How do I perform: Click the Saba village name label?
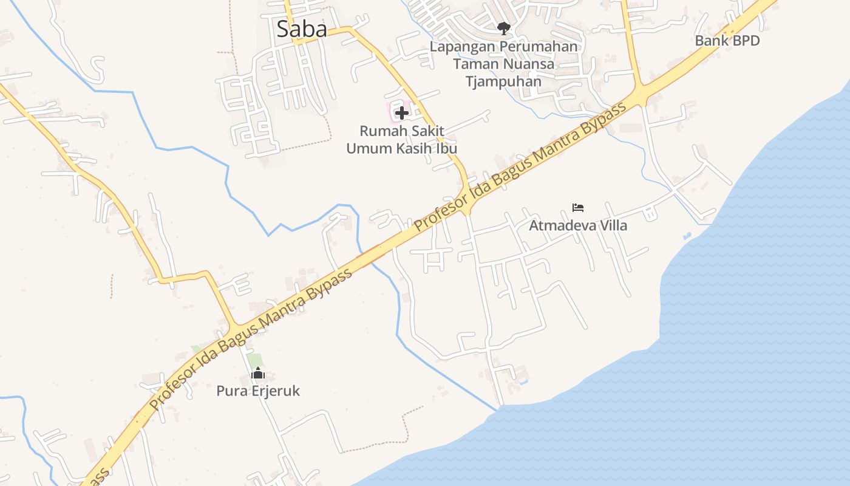(302, 29)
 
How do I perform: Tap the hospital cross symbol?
(401, 112)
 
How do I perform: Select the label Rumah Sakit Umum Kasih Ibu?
(401, 140)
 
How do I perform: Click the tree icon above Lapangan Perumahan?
(503, 27)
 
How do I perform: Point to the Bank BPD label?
(727, 41)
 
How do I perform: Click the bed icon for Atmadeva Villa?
(578, 208)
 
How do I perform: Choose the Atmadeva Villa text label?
(578, 225)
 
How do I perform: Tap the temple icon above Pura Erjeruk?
(258, 373)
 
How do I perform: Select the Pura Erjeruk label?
(258, 391)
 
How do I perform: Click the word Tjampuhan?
(503, 81)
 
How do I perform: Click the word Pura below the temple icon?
(229, 391)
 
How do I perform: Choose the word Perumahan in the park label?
(539, 47)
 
